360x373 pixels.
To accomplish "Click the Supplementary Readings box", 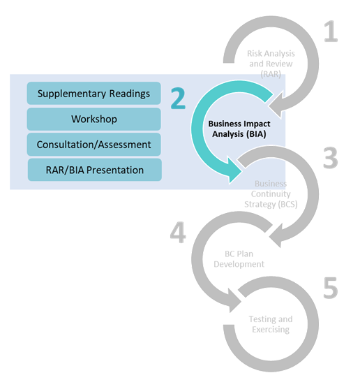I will coord(93,93).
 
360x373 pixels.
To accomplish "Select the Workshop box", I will coord(93,119).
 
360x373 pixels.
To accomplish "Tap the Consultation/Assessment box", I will coord(93,145).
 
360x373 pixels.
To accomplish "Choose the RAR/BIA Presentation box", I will coord(94,170).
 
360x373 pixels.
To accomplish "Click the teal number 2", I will coord(178,98).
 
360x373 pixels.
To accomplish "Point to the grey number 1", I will coord(329,32).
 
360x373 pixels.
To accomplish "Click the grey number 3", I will coord(329,159).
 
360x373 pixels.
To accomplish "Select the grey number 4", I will coord(178,233).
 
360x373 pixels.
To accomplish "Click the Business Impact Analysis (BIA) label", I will coord(237,128).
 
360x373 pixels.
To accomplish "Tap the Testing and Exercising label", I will coord(269,324).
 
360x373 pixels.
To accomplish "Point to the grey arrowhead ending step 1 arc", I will coord(280,104).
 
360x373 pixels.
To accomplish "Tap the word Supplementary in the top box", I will coord(70,93).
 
